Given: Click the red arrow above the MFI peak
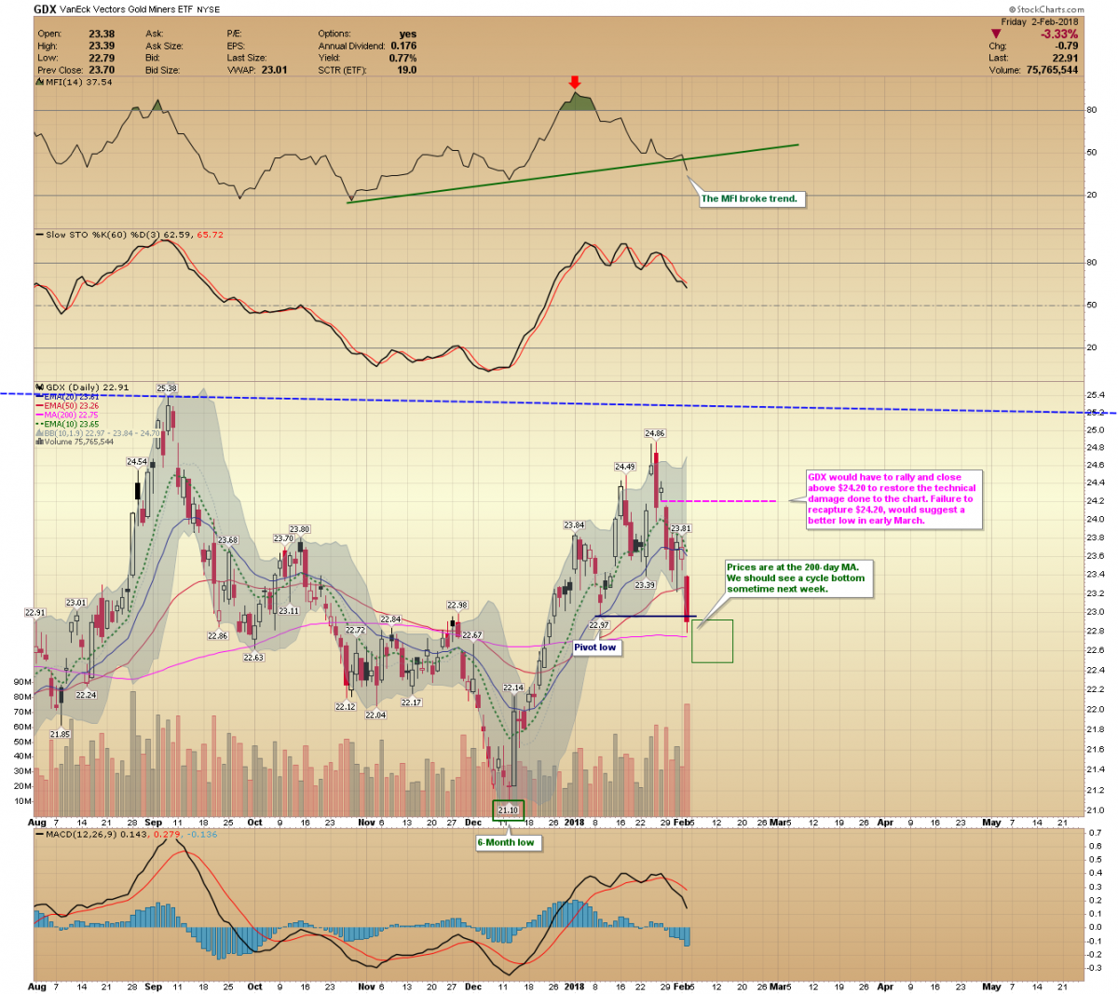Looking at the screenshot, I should click(575, 82).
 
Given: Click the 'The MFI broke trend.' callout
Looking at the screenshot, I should click(749, 198).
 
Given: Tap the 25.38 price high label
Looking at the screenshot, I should click(167, 388).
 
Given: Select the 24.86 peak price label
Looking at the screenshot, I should click(654, 433).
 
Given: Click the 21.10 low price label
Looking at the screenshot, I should click(508, 810).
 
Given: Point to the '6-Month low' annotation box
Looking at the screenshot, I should click(506, 842).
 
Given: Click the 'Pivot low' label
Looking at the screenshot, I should click(594, 647).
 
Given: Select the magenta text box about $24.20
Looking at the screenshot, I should click(892, 499).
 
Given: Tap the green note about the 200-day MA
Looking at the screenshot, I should click(797, 578).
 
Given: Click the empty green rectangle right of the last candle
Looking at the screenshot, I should click(712, 641).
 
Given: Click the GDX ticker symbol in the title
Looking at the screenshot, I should click(45, 9).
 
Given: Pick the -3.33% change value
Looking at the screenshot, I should click(1058, 34).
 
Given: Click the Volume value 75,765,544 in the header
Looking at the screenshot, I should click(1052, 70).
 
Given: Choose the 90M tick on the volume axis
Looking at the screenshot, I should click(21, 682).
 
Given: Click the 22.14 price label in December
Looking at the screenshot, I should click(513, 688).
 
